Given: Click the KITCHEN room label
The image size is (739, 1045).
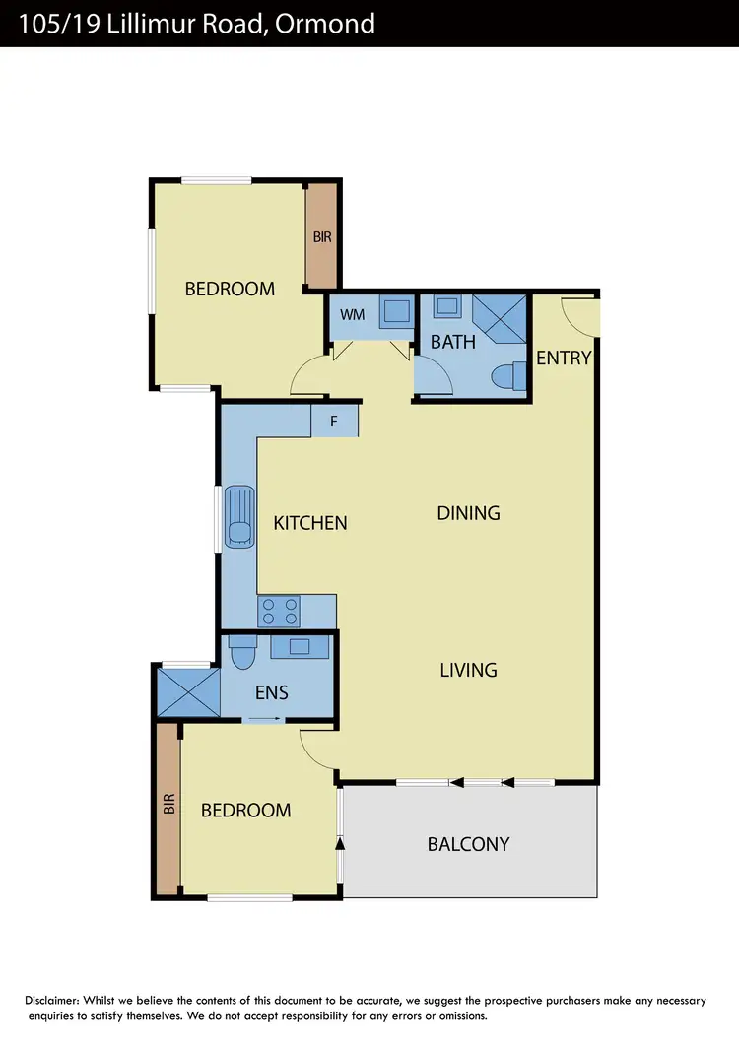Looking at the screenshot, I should coord(310,523).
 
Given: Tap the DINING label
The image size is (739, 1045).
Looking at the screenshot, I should coord(468,513).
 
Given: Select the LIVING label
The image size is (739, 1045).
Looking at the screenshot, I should coord(468,670).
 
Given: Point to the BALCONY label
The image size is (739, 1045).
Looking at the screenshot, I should coord(468,844).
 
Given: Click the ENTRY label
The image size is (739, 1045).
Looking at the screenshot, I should coord(564,358).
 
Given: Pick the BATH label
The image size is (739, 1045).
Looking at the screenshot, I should coord(453,342).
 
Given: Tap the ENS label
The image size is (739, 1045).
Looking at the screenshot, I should coord(272,692).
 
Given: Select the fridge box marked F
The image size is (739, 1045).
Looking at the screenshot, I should coord(334,422).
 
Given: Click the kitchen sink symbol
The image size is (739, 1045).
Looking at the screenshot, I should coord(239,515).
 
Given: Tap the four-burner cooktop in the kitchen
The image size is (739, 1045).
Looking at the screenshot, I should coord(278,612).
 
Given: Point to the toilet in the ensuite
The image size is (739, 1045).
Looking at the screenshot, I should coord(241,654).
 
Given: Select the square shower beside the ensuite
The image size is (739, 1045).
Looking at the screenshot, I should coord(187,692).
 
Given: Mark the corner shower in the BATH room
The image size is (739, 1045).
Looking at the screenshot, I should coord(500,316).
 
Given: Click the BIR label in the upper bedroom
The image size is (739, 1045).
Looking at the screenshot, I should coord(322,237).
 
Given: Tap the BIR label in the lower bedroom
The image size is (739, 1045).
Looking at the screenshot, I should coord(168,809).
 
